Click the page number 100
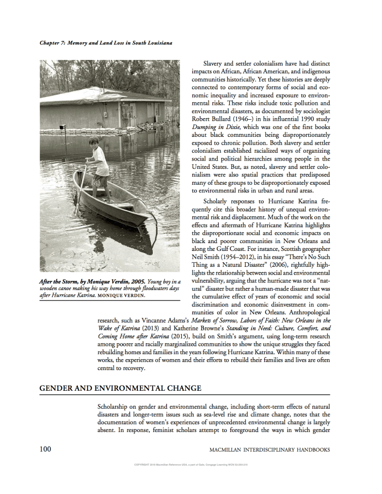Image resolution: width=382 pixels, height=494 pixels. coord(45,449)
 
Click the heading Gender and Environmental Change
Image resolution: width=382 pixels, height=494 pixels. coord(120,388)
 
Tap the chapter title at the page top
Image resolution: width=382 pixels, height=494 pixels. coord(106,43)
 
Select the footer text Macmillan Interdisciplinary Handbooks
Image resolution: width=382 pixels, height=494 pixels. coord(269,450)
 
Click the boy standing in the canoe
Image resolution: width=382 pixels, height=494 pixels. coord(100,165)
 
